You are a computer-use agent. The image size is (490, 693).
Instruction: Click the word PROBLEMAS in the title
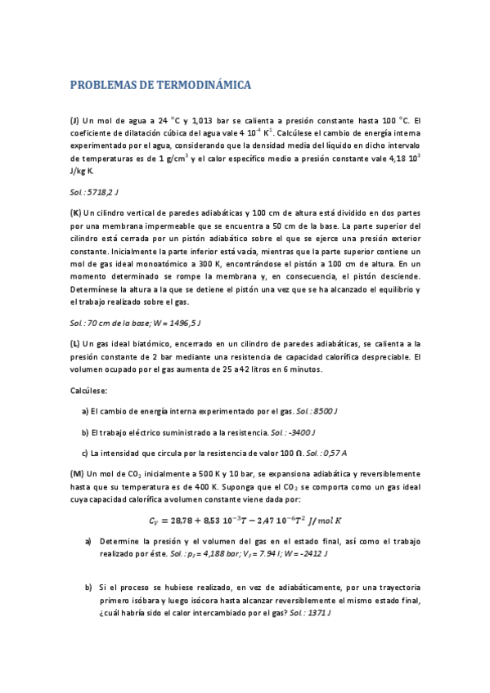click(x=102, y=84)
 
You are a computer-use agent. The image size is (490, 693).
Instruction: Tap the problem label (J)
click(x=74, y=119)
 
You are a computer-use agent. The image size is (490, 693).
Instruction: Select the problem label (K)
click(x=75, y=212)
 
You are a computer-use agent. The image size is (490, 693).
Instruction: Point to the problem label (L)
click(x=74, y=344)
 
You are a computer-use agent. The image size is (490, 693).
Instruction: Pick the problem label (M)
click(x=76, y=473)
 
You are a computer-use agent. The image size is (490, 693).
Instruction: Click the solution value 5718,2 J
click(x=102, y=192)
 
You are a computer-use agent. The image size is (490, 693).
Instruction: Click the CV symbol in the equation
click(x=154, y=521)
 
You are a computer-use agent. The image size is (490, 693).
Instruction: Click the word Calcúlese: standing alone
click(x=90, y=390)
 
